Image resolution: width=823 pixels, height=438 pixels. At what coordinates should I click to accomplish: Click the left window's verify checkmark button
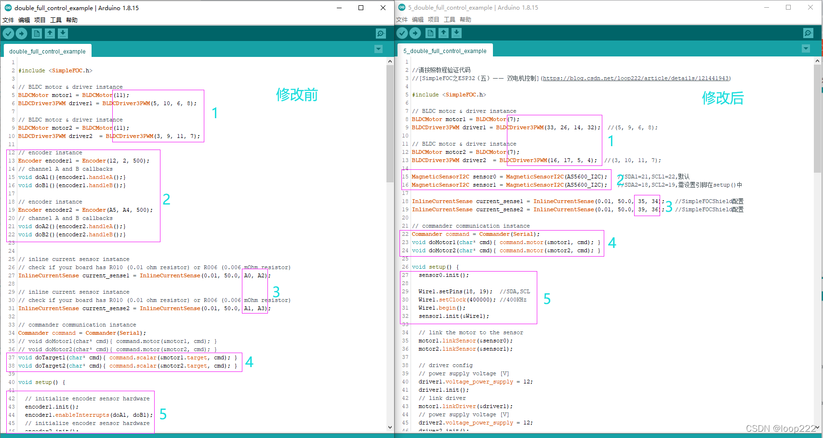point(9,33)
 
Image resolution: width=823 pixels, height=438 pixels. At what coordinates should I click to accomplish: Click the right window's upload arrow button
point(415,33)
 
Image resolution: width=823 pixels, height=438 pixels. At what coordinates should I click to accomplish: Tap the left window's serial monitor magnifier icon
point(381,33)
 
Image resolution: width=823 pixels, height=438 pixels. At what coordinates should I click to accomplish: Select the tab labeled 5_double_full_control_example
point(445,51)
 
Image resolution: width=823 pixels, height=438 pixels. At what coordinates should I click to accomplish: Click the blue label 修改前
point(297,95)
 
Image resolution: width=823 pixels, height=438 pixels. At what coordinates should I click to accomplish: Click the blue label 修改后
point(723,98)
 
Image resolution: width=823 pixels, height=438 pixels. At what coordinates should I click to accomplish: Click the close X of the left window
point(383,8)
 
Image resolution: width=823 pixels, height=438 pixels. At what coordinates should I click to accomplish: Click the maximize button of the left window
point(361,8)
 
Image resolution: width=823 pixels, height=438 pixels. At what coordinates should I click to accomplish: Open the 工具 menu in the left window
point(56,20)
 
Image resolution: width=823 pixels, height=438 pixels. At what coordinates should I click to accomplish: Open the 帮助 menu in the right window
point(465,20)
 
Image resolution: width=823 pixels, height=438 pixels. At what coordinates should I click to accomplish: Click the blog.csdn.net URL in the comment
point(636,78)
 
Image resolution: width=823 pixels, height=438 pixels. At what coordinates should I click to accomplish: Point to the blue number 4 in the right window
point(612,243)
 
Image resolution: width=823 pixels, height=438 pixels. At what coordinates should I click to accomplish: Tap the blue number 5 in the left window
point(163,414)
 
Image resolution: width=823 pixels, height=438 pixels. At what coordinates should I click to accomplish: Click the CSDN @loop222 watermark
point(781,428)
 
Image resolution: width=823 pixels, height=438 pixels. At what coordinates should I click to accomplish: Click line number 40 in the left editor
point(12,382)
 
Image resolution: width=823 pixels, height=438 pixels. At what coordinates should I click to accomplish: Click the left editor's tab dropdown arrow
point(378,49)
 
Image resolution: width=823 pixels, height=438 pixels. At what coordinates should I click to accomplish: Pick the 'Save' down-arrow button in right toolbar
point(456,33)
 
